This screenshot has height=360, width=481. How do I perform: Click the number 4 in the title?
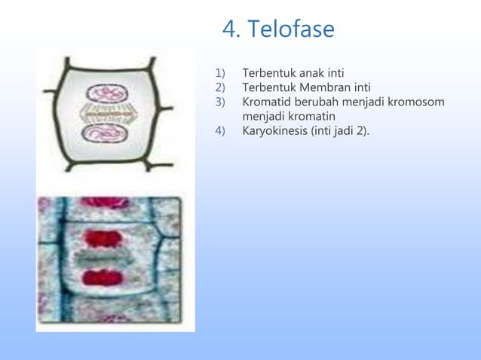[x=229, y=30]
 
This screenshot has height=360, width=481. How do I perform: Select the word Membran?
[x=331, y=88]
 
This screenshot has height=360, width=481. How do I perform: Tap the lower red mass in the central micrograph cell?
[x=104, y=278]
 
